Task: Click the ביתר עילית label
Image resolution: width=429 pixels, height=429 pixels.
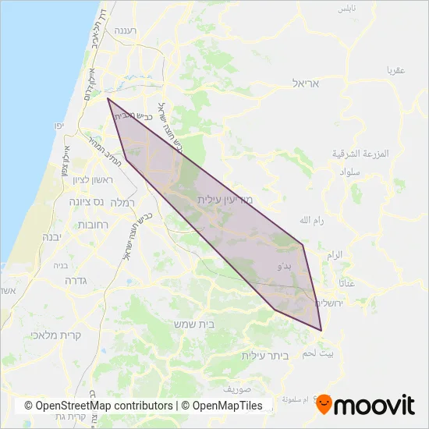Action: click(265, 355)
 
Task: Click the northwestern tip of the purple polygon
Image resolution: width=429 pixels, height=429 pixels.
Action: click(108, 98)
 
